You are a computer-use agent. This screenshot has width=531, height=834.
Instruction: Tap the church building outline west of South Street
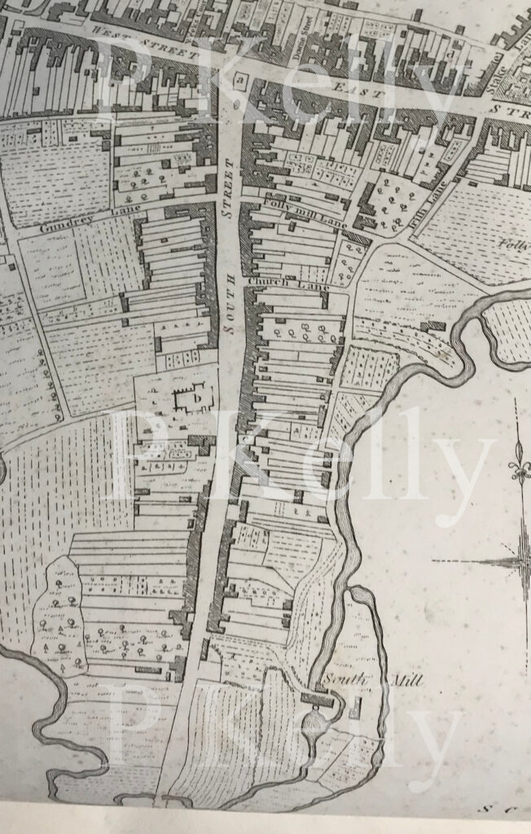[193, 397]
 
